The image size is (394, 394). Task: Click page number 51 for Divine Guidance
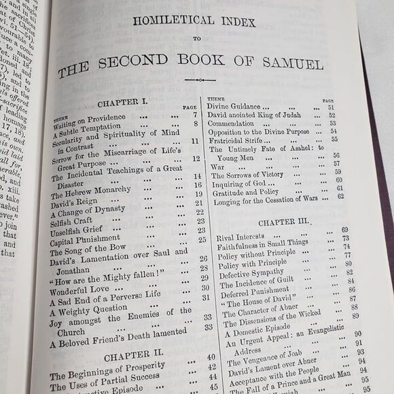(x=332, y=107)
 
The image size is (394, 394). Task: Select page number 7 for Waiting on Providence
(x=194, y=115)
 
